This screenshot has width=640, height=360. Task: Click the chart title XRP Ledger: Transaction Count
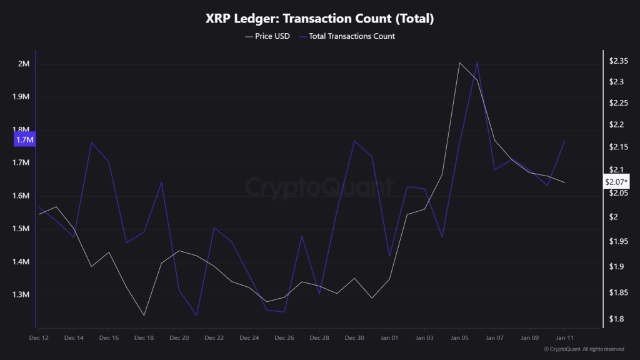click(x=319, y=19)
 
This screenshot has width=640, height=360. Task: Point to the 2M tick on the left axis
click(x=24, y=64)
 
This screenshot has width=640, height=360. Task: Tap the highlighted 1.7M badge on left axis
click(x=24, y=139)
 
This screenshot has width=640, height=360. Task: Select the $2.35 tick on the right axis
click(x=618, y=61)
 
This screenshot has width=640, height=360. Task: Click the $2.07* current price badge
click(x=616, y=182)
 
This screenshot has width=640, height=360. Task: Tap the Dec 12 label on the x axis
click(x=39, y=337)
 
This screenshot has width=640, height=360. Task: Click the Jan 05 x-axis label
click(x=459, y=337)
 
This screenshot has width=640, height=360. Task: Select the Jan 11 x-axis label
click(x=564, y=337)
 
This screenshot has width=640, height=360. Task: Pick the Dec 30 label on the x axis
click(x=354, y=337)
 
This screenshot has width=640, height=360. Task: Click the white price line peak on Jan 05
click(x=459, y=62)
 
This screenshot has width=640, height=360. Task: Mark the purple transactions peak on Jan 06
click(x=477, y=62)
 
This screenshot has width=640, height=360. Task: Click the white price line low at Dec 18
click(x=144, y=315)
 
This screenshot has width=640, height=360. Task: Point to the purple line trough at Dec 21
click(x=196, y=315)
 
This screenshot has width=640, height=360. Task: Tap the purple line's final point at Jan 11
click(x=564, y=140)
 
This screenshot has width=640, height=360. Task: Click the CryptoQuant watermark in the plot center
click(x=319, y=186)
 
